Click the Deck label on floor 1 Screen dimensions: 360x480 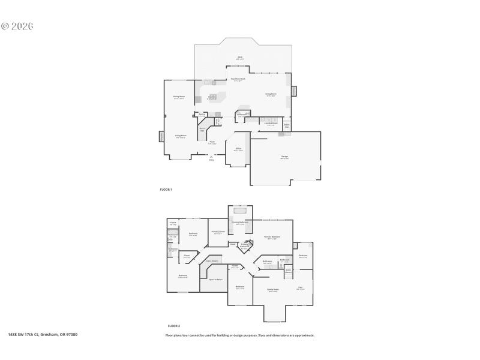click(x=239, y=58)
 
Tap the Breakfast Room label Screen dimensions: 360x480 click(x=238, y=79)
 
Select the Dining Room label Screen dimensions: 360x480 click(x=179, y=97)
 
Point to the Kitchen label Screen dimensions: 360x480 click(x=212, y=97)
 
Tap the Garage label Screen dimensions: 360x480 click(x=284, y=157)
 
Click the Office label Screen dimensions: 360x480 click(x=238, y=149)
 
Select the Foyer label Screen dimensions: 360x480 click(x=212, y=143)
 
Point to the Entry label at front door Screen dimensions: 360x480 click(x=211, y=160)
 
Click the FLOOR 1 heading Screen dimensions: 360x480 click(x=166, y=190)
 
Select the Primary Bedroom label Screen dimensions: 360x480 click(x=272, y=238)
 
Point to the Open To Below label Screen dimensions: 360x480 click(x=215, y=280)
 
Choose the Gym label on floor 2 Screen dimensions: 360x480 click(x=300, y=288)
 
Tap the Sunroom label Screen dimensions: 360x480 click(x=303, y=256)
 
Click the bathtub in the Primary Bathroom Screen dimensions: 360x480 click(x=241, y=211)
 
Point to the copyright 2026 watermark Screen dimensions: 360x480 click(x=17, y=26)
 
